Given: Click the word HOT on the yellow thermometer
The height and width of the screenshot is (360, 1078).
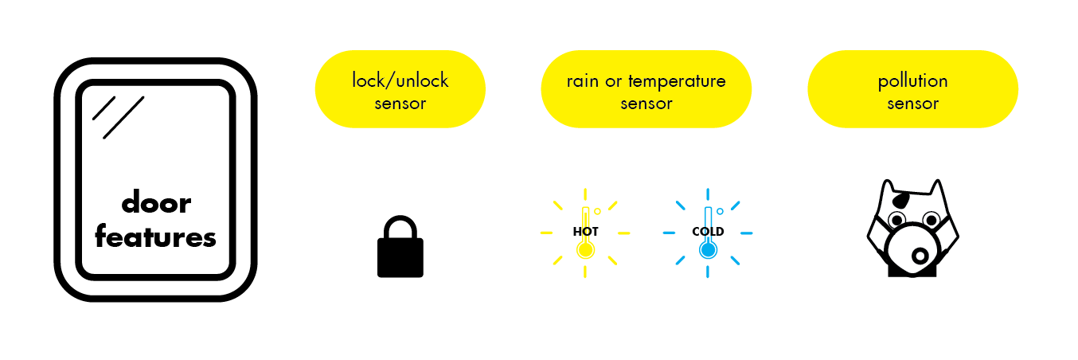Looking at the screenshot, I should point(585,232).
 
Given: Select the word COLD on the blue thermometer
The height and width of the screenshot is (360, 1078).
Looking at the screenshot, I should point(708,232).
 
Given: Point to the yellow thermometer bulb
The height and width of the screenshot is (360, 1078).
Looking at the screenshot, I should point(585,250).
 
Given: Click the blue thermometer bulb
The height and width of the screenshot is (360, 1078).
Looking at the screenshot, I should point(708,250).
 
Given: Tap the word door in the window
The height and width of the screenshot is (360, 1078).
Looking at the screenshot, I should point(156,204).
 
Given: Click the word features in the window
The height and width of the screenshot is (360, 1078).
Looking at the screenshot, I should point(156,237).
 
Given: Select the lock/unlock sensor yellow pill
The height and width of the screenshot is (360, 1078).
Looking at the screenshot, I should point(400,89).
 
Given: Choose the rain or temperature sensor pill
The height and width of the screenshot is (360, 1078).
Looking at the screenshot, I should point(646,89).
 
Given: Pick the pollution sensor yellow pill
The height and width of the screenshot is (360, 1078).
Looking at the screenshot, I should point(912,89).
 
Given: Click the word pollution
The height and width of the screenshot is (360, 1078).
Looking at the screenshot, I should point(912,81).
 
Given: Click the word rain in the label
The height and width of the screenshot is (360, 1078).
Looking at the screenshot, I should point(583,81).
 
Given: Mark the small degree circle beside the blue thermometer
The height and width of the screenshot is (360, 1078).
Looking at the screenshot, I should point(720,211).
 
